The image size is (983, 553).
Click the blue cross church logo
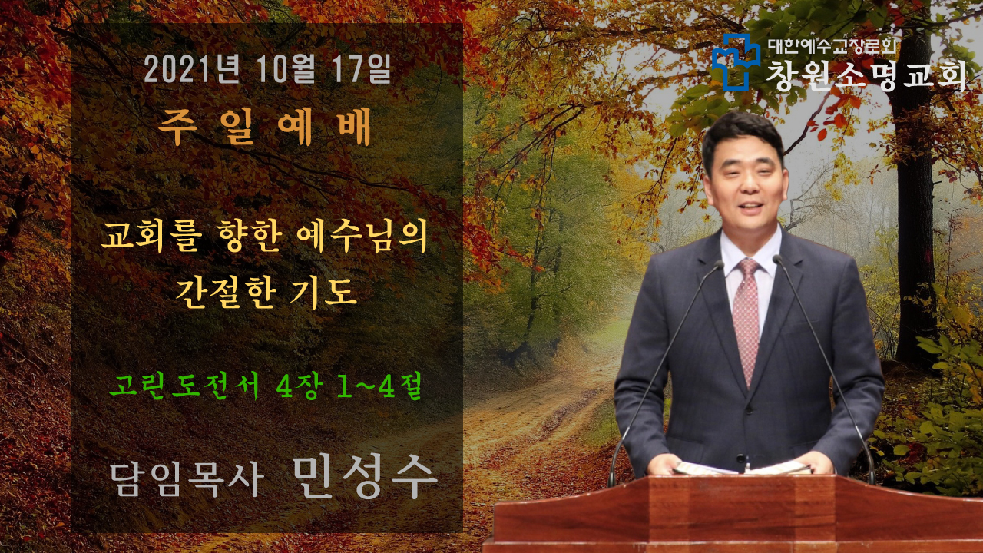pos(736,61)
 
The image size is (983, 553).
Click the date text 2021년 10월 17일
pos(267,69)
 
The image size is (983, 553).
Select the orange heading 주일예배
pos(264,127)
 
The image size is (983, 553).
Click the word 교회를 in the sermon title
pos(152,237)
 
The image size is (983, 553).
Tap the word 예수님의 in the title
pos(362,237)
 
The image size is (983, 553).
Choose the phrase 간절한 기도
pos(266,293)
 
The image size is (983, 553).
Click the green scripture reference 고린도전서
pos(184,386)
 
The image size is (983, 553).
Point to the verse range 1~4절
pos(379,386)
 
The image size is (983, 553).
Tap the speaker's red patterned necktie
pos(746,320)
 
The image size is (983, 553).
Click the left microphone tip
pos(718,264)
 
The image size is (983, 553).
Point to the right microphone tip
pos(778,259)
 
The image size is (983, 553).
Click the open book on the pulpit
pos(743,468)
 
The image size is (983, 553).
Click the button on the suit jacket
pos(741,458)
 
